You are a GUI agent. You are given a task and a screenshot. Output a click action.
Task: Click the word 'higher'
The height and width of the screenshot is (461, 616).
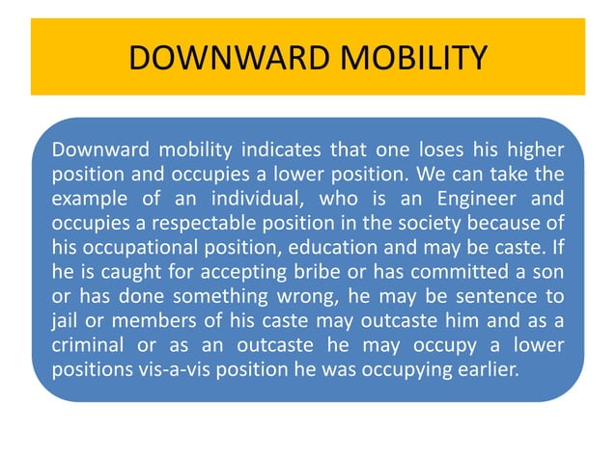pos(537,151)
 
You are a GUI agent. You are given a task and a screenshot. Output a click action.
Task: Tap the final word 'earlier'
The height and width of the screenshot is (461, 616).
pos(479,365)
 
